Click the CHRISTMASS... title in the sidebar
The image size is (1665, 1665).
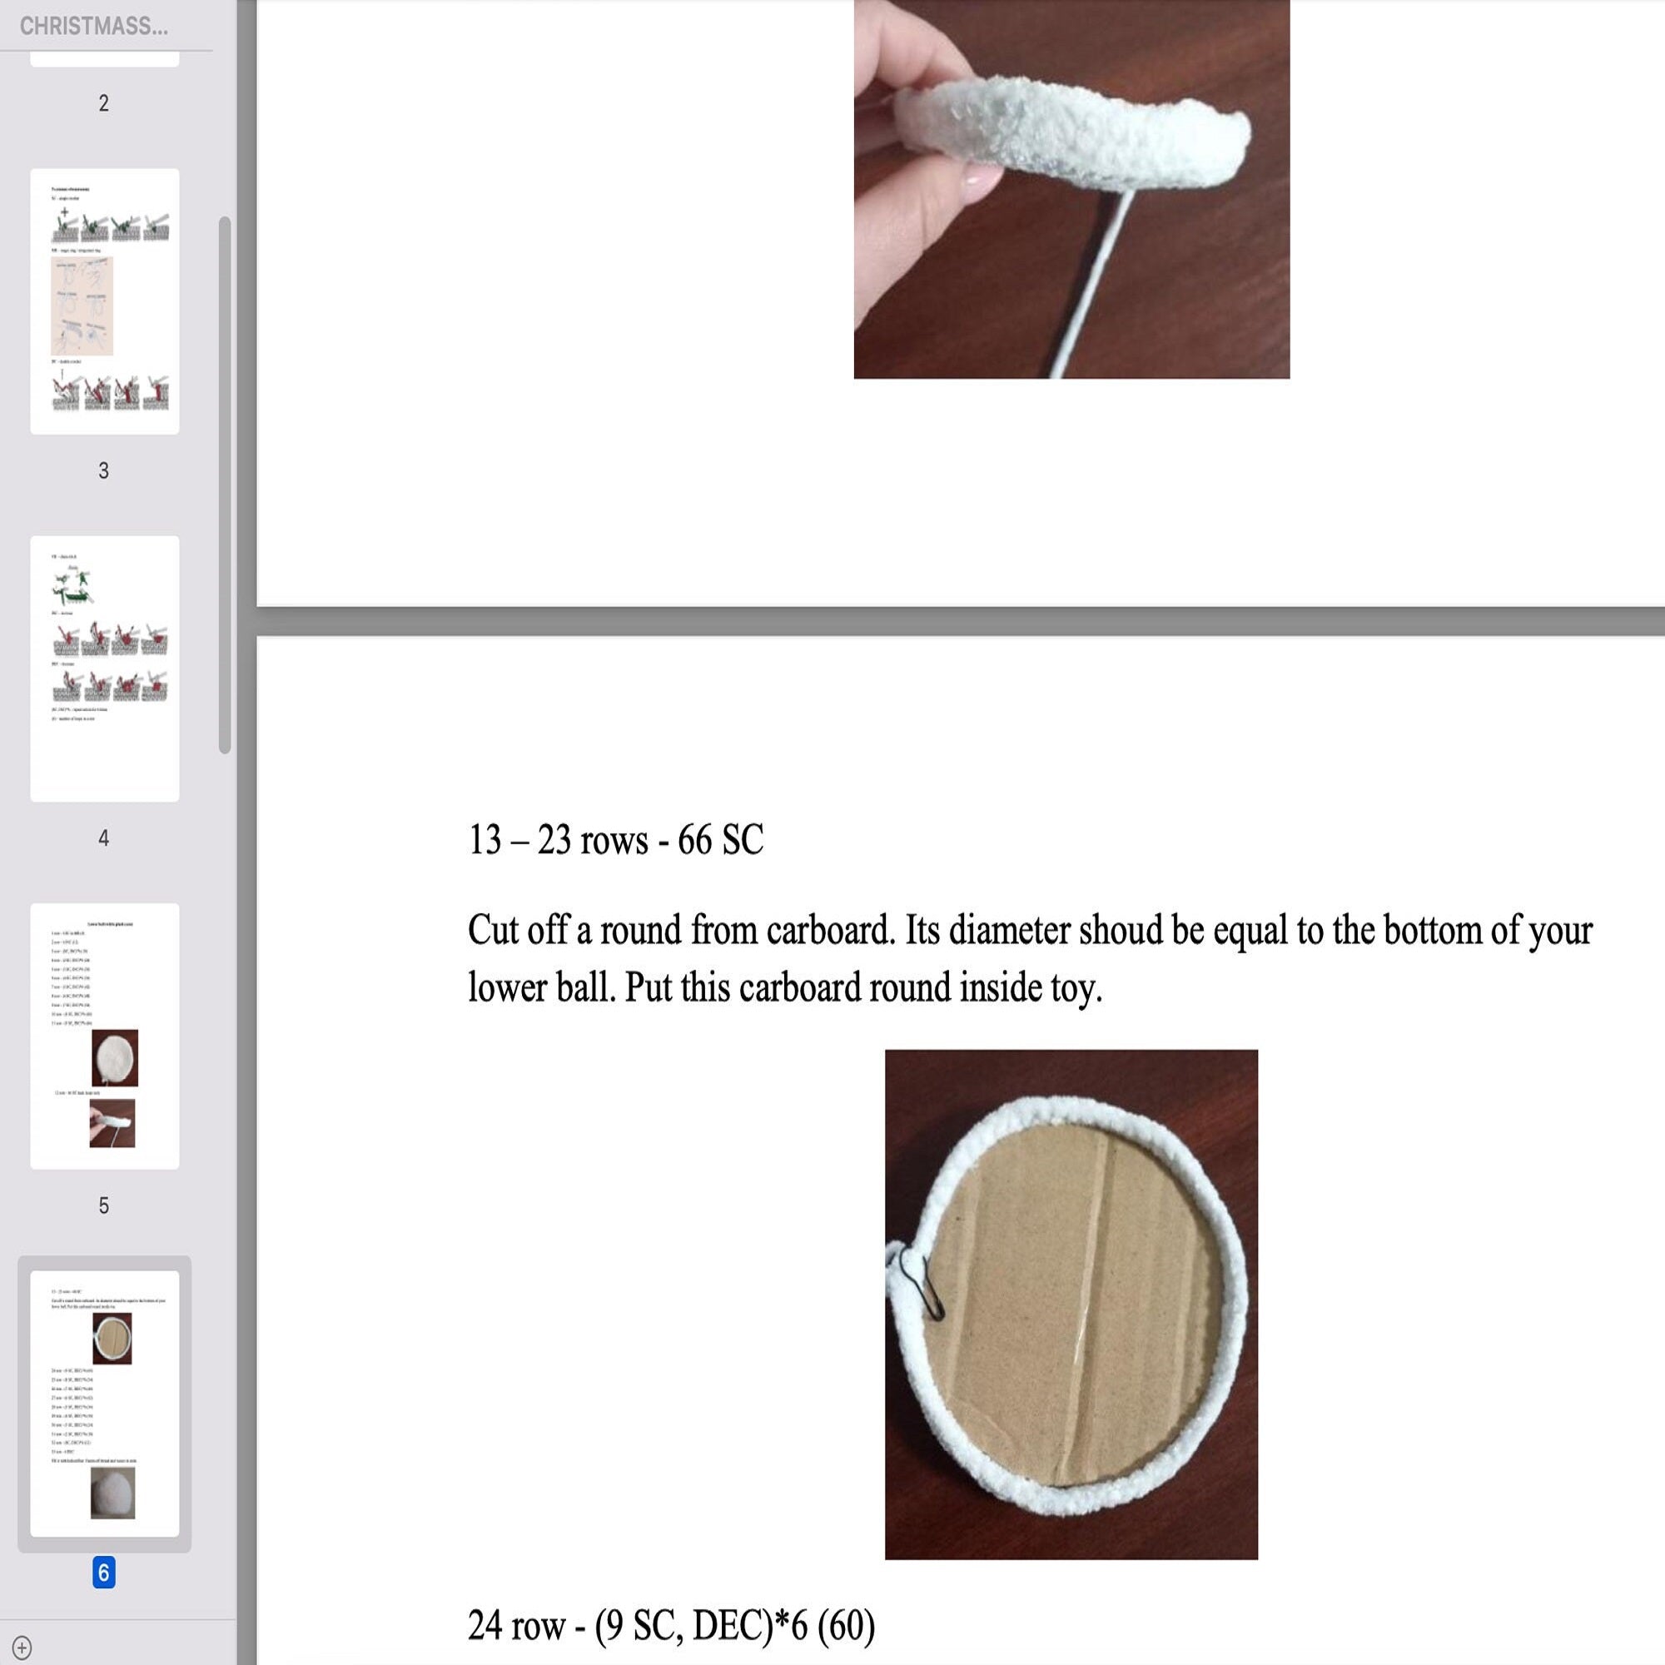pyautogui.click(x=93, y=26)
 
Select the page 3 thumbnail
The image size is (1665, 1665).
pyautogui.click(x=104, y=301)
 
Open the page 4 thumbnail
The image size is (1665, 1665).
pyautogui.click(x=104, y=668)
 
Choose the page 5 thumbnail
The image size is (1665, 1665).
pyautogui.click(x=104, y=1035)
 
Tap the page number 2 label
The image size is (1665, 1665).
pyautogui.click(x=103, y=103)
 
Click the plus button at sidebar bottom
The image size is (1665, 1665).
pyautogui.click(x=22, y=1647)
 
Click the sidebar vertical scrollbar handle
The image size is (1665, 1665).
pyautogui.click(x=224, y=485)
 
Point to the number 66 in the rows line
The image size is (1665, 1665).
pyautogui.click(x=693, y=840)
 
